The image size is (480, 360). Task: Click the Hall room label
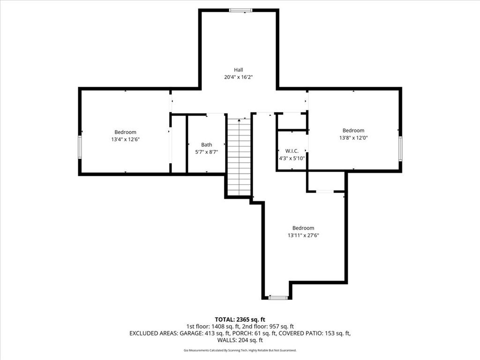click(x=239, y=70)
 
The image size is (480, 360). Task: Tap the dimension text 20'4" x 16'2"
click(x=239, y=77)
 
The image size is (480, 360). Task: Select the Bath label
click(x=207, y=144)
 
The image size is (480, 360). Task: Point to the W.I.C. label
click(x=292, y=151)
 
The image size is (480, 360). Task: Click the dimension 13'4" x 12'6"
click(x=126, y=139)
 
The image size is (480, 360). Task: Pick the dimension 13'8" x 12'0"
click(x=353, y=138)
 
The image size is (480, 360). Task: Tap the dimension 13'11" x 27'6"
click(x=303, y=235)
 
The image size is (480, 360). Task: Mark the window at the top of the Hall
click(x=241, y=10)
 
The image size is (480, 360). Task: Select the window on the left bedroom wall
click(x=80, y=147)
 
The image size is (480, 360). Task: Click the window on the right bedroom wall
click(x=400, y=149)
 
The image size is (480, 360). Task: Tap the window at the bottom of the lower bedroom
click(x=278, y=298)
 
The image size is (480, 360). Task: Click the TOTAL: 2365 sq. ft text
click(x=240, y=320)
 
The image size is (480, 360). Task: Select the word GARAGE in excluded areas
click(x=190, y=333)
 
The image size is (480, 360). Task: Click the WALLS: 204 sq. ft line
click(x=240, y=340)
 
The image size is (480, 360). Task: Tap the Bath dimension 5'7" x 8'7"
click(x=207, y=152)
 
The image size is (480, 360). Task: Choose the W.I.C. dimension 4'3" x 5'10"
click(x=292, y=158)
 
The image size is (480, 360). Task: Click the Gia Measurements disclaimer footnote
click(x=240, y=350)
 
